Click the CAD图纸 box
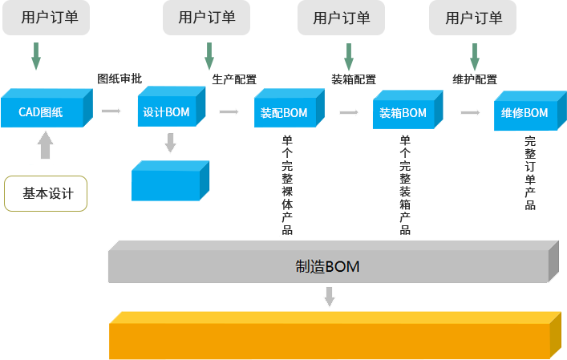point(47,108)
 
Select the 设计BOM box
point(172,107)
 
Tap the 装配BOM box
point(290,108)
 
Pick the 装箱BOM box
point(408,110)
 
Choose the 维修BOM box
point(530,111)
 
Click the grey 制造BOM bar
point(334,261)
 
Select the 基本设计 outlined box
point(46,193)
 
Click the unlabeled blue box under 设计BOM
point(170,180)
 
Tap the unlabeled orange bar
point(335,335)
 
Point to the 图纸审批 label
point(119,79)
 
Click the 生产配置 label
point(234,79)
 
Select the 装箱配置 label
point(354,79)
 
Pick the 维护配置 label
point(475,79)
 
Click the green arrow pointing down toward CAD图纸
point(36,56)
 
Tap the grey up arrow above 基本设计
point(45,145)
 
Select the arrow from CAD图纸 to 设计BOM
point(111,111)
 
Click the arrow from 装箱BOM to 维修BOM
point(470,112)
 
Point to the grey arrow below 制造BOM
point(330,297)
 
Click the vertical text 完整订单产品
point(530,172)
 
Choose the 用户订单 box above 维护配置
point(472,18)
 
